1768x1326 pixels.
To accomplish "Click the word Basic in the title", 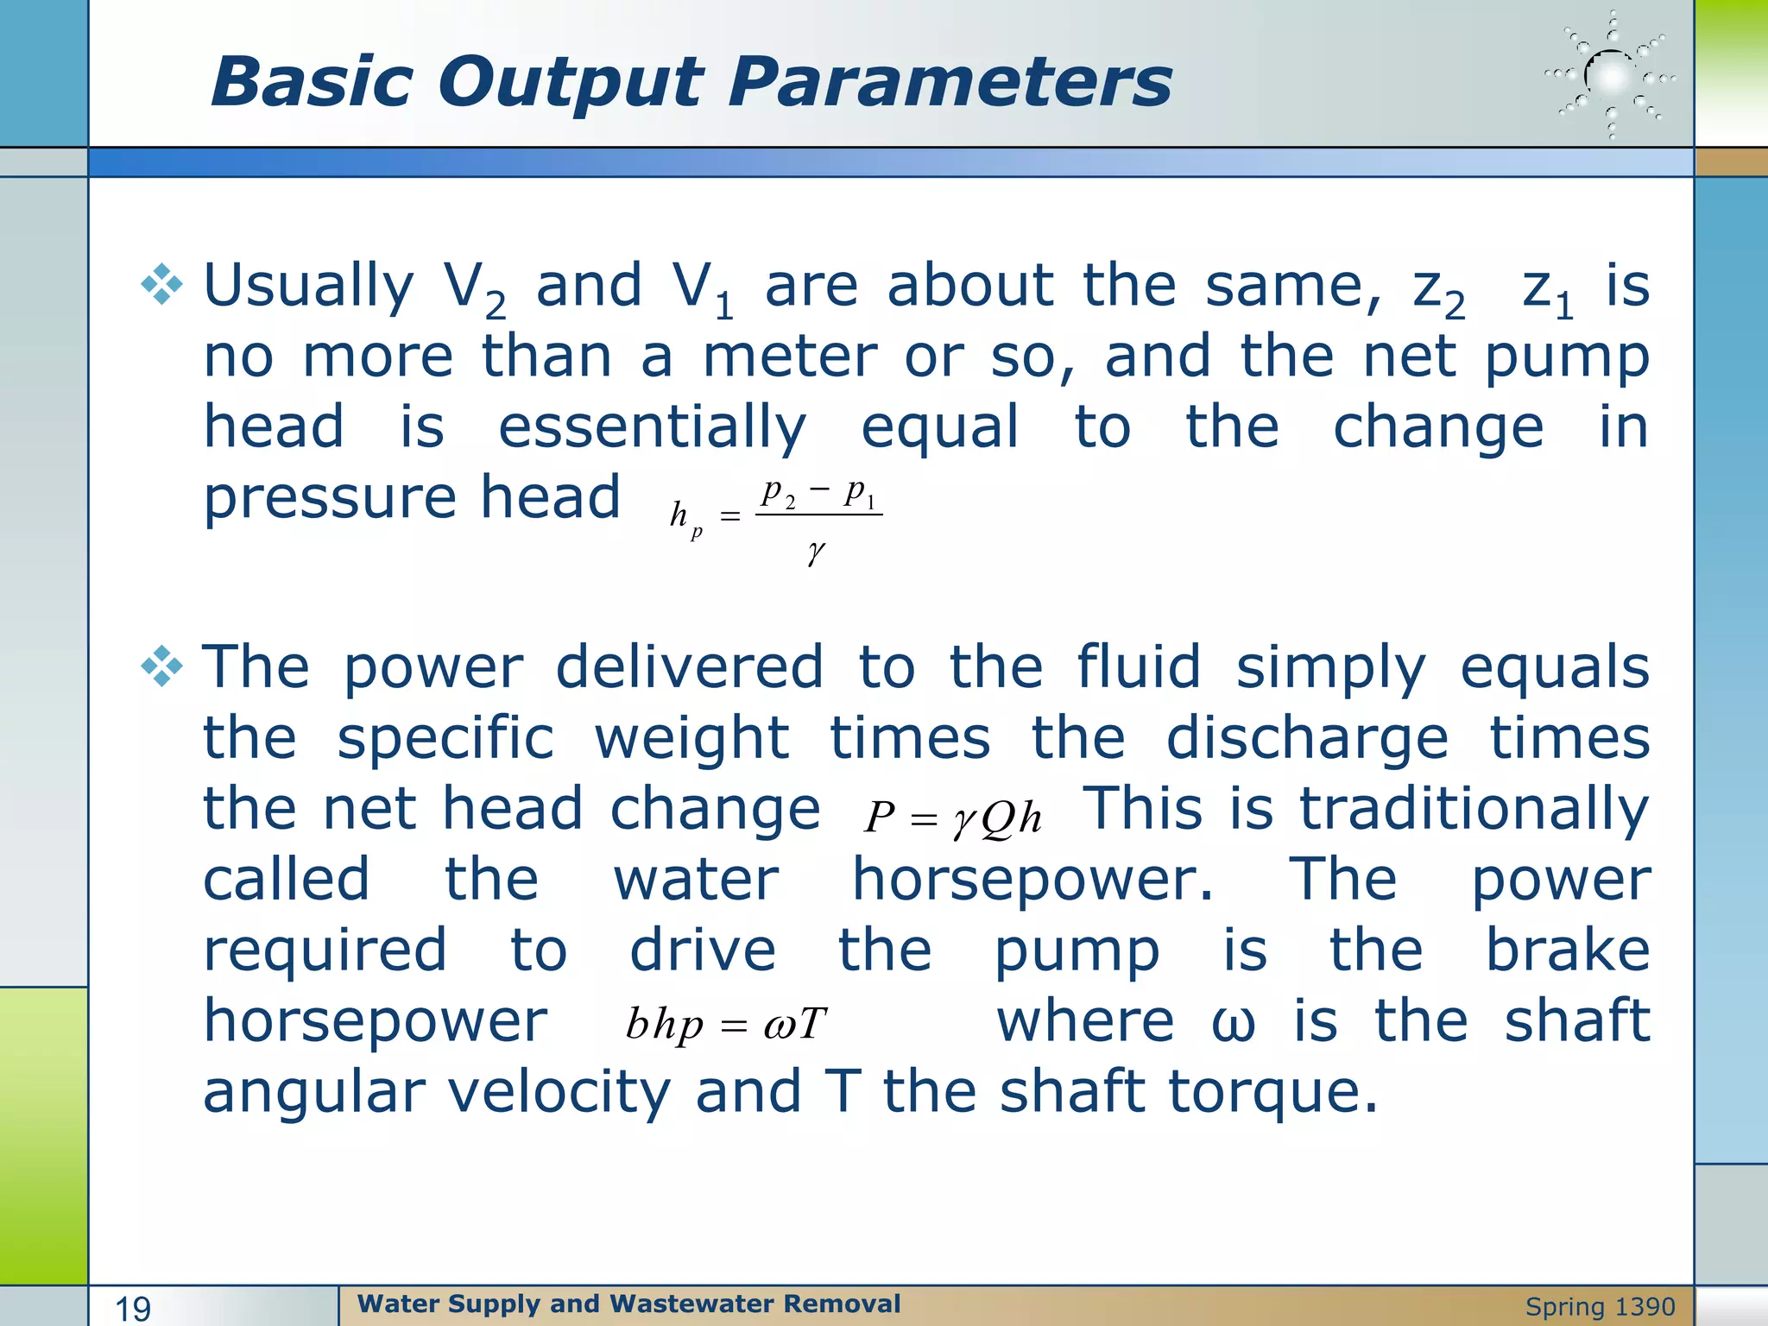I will (x=315, y=82).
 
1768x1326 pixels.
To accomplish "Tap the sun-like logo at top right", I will (x=1611, y=77).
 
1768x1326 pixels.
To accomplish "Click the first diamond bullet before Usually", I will (x=162, y=285).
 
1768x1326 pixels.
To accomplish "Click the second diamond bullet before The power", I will (x=162, y=666).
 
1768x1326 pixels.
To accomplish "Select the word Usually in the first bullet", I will (x=308, y=287).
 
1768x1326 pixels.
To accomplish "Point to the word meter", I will (x=789, y=357).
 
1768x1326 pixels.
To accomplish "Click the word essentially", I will (x=653, y=429).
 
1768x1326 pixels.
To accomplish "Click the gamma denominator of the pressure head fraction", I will (x=816, y=552).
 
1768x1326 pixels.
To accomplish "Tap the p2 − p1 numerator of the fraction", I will (x=818, y=493).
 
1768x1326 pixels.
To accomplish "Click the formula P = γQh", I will (x=952, y=817).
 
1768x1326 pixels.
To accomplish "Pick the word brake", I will (x=1567, y=950).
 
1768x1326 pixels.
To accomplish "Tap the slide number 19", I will (x=133, y=1309).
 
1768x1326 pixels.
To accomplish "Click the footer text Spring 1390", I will (x=1600, y=1307).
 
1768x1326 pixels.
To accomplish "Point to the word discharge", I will (x=1307, y=740).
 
